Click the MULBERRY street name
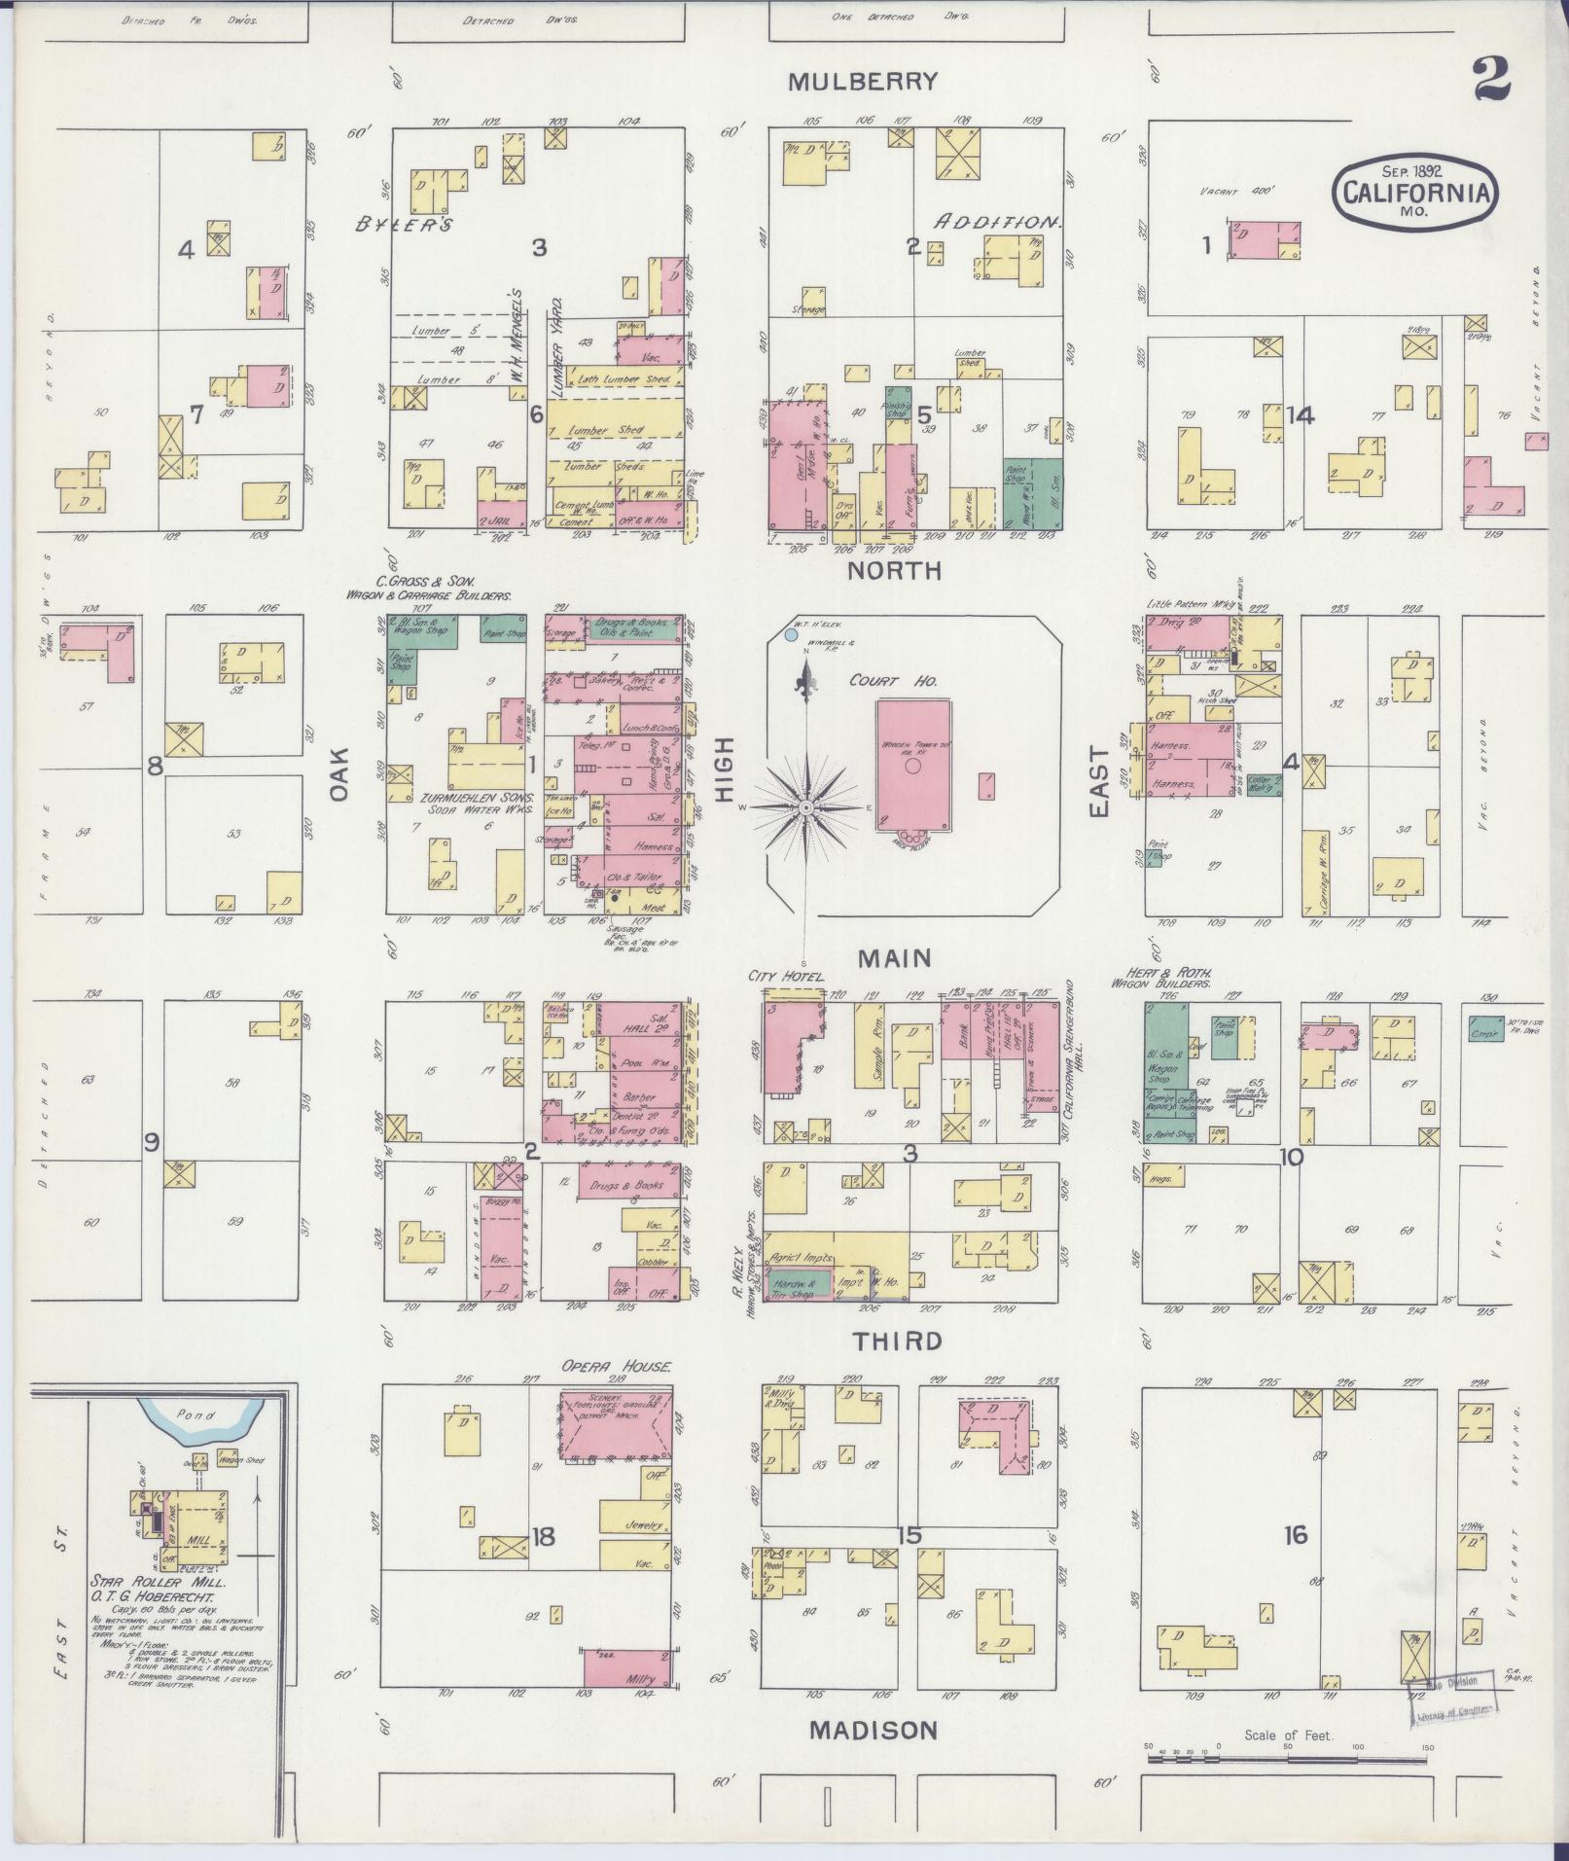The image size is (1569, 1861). tap(862, 82)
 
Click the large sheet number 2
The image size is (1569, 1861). tap(1490, 81)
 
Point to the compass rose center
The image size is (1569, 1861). tap(806, 807)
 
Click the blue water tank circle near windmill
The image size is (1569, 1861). tap(791, 633)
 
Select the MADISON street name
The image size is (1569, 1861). tap(874, 1730)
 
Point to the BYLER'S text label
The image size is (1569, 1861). tap(403, 225)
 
